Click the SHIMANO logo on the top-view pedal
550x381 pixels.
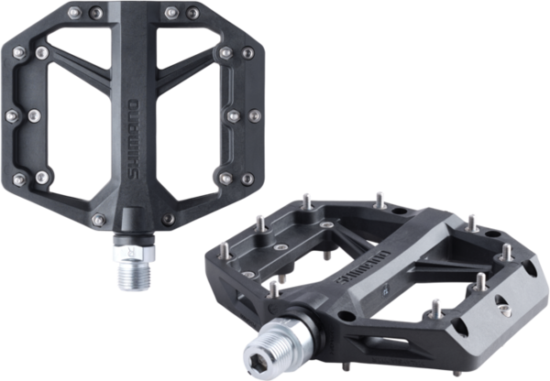coord(133,139)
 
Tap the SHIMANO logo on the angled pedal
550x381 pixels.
coord(363,267)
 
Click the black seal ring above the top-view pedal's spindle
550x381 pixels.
coord(134,240)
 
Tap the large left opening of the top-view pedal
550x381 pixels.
coord(79,128)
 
